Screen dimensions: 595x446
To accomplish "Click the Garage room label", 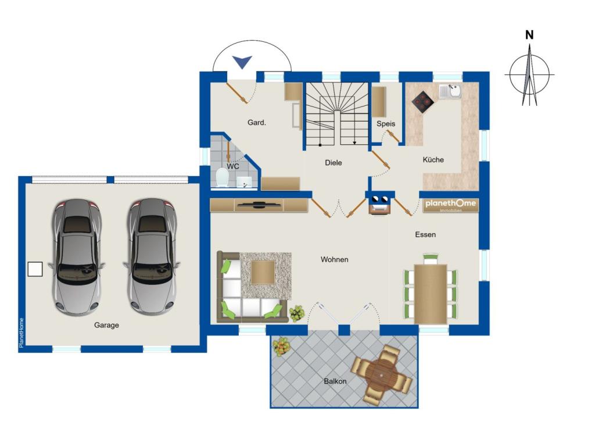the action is coord(106,325).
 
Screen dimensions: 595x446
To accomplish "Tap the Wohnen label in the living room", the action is coord(334,259).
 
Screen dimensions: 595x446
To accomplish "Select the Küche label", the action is coord(433,159).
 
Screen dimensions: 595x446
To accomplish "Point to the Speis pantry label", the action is coord(386,124).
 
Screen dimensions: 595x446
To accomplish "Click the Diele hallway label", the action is coord(333,163).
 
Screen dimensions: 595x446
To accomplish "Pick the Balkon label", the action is coord(335,381).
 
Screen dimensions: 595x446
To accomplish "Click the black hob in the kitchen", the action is coord(423,101).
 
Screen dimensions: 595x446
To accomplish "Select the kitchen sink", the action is coord(450,91).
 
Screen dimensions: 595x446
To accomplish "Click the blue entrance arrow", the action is coord(242,62).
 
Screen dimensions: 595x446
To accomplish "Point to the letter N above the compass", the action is coord(529,35).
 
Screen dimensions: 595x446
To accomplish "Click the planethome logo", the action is coord(450,204).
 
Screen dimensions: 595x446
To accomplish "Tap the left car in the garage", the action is coord(77,256).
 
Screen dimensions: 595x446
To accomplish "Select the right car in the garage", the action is coord(152,256).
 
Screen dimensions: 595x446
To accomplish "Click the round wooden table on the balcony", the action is coord(382,374).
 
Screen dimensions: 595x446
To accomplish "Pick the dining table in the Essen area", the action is coord(431,294).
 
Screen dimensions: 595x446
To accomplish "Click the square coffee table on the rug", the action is coord(263,272).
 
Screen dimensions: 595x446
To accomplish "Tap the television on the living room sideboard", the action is coord(260,205).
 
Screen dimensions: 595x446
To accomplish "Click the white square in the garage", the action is coord(35,269).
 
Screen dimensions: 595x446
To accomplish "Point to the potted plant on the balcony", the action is coord(281,346).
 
